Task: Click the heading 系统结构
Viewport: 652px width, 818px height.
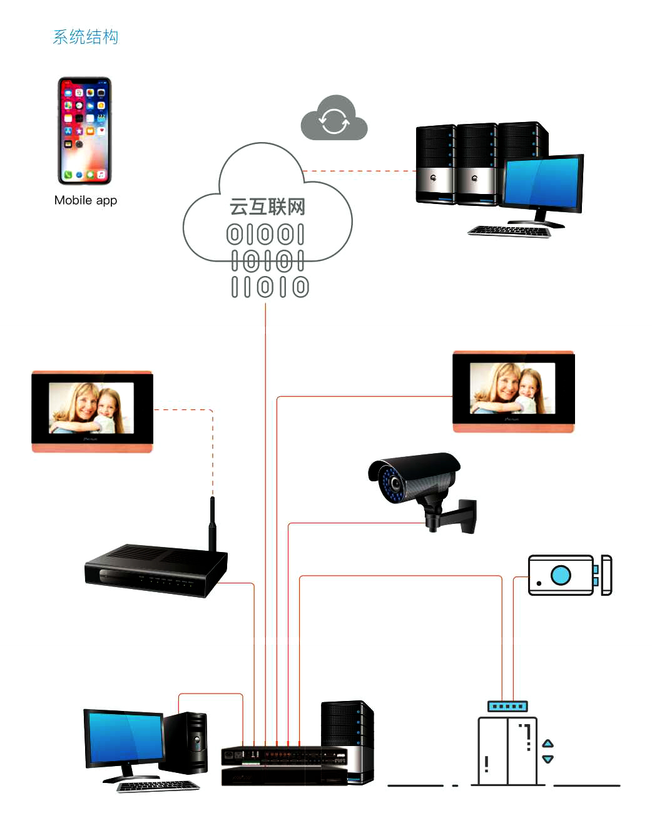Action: tap(85, 37)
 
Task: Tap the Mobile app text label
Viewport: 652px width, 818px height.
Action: tap(86, 200)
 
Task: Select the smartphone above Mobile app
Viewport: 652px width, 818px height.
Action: tap(84, 131)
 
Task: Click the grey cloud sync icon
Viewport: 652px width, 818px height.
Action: tap(334, 119)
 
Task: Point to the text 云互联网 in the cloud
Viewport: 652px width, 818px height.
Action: tap(267, 207)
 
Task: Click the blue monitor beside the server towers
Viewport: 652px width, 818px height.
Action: tap(543, 183)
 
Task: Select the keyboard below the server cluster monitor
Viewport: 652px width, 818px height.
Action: tap(509, 231)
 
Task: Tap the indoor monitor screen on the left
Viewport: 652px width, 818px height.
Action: tap(91, 408)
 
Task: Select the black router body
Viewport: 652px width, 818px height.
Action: tap(153, 571)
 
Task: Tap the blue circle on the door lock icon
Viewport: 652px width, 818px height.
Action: tap(561, 575)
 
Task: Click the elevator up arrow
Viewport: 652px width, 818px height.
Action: tap(548, 743)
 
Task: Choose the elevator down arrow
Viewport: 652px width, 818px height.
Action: tap(548, 759)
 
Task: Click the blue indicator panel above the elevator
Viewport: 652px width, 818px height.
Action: tap(507, 707)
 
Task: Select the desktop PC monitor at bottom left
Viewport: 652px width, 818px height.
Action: tap(125, 737)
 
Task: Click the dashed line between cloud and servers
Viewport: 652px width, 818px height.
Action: tap(360, 170)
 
